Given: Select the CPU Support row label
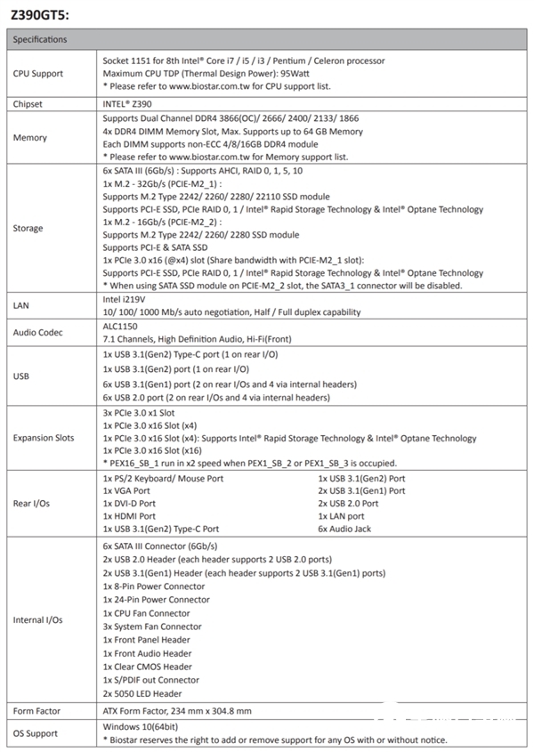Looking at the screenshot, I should pyautogui.click(x=38, y=73).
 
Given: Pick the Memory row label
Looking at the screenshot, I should pyautogui.click(x=31, y=138).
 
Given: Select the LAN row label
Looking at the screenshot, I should pyautogui.click(x=22, y=305).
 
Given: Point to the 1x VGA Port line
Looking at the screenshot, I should pyautogui.click(x=128, y=490).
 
